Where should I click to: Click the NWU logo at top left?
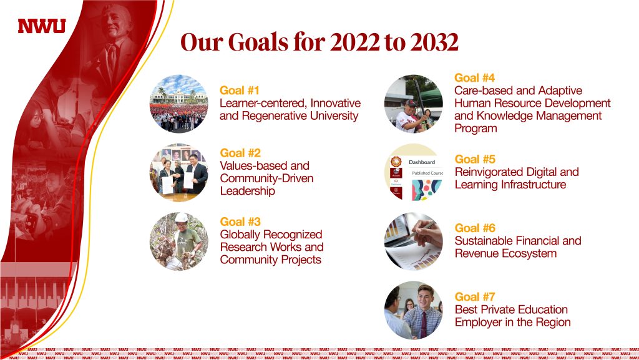point(42,26)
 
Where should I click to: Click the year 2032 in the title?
point(434,42)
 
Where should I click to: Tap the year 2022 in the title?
point(355,42)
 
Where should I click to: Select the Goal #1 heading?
point(239,90)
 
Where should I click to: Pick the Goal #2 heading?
point(240,153)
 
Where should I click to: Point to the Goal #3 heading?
point(240,221)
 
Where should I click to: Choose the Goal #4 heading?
point(474,78)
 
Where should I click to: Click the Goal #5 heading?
point(475,159)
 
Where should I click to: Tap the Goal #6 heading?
point(475,228)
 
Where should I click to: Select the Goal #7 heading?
point(475,296)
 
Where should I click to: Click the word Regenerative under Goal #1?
point(275,116)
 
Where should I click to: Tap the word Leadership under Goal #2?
point(247,190)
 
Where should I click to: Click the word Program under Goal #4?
point(476,129)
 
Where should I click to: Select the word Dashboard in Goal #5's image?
point(422,162)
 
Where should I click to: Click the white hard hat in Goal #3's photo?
point(181,218)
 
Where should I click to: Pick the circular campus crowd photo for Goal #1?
point(179,104)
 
